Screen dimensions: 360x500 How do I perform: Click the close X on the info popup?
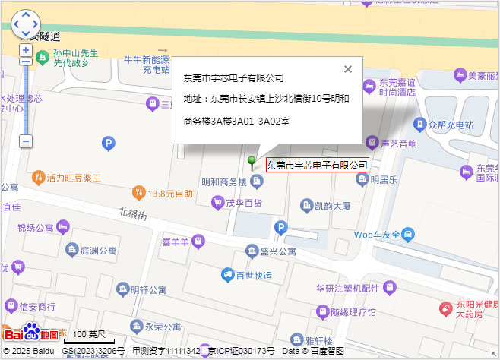point(348,69)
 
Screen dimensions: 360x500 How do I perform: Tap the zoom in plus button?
point(26,50)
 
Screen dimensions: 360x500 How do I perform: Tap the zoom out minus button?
point(26,141)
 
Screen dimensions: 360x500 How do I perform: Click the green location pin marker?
point(252,161)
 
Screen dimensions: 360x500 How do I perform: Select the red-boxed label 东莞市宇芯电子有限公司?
point(317,164)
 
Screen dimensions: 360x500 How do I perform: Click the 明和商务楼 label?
point(223,182)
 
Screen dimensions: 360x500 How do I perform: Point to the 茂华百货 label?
point(243,203)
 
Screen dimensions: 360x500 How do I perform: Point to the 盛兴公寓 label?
point(277,251)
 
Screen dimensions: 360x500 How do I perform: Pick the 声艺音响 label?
point(398,143)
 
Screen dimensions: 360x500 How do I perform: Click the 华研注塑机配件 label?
point(347,288)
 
